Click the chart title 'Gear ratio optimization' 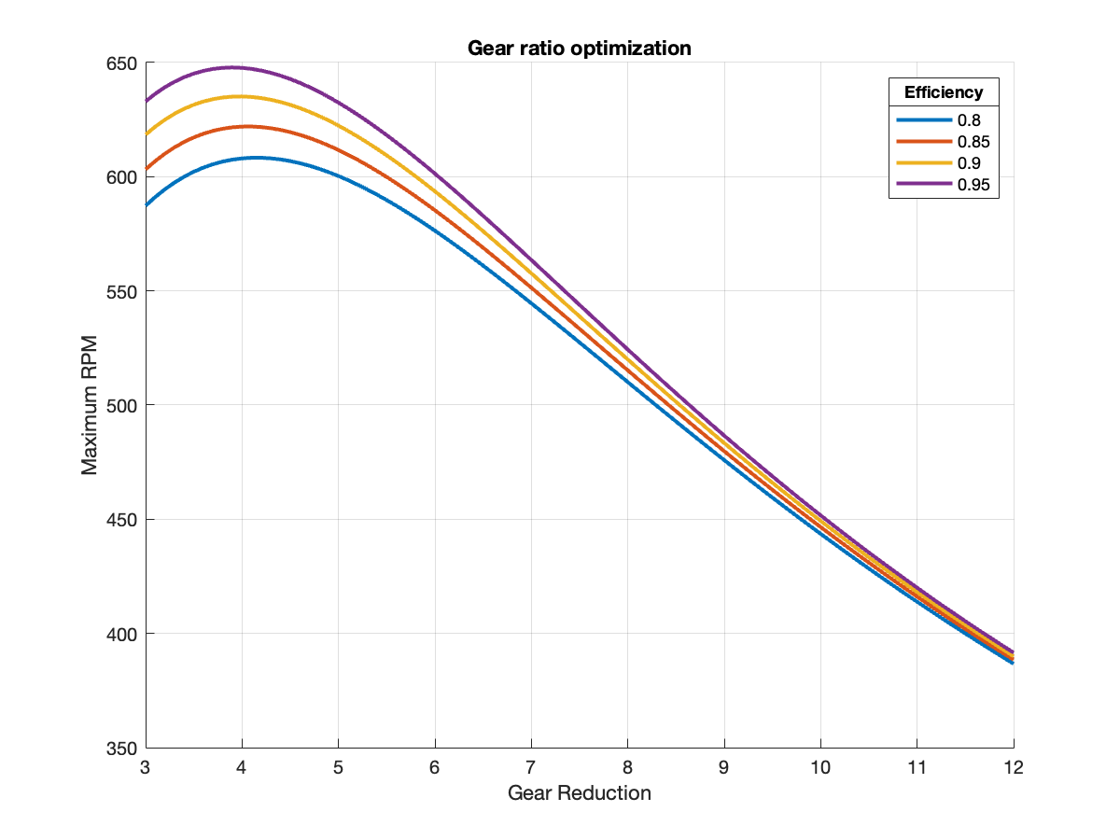pyautogui.click(x=580, y=48)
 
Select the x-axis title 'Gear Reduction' pyautogui.click(x=580, y=793)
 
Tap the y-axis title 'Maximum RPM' pyautogui.click(x=90, y=406)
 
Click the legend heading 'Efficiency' pyautogui.click(x=943, y=92)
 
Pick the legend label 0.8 pyautogui.click(x=968, y=120)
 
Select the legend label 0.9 pyautogui.click(x=968, y=163)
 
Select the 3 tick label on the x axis pyautogui.click(x=147, y=767)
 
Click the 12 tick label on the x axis pyautogui.click(x=1014, y=767)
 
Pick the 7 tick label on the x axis pyautogui.click(x=532, y=767)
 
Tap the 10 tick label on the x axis pyautogui.click(x=820, y=767)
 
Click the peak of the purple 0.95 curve pyautogui.click(x=231, y=67)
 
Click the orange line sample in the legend pyautogui.click(x=924, y=142)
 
